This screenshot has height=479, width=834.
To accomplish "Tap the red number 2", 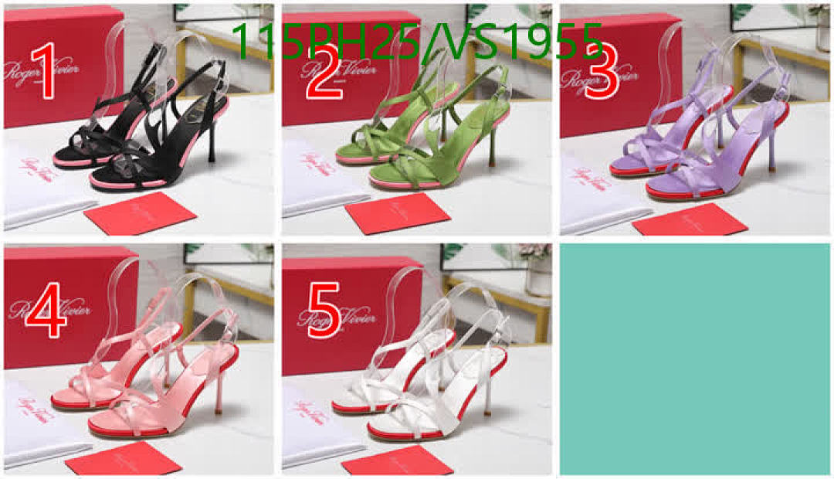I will [324, 71].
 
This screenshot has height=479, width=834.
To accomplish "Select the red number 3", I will [602, 71].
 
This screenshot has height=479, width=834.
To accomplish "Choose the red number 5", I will [324, 311].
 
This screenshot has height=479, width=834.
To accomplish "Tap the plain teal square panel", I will [695, 359].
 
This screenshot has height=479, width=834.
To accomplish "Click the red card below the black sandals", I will [140, 213].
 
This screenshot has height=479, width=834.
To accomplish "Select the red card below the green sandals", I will [397, 213].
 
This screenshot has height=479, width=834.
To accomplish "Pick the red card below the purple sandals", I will [690, 219].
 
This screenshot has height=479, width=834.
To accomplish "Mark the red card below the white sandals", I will [397, 460].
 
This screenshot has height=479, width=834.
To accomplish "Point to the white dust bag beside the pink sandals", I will [35, 425].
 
